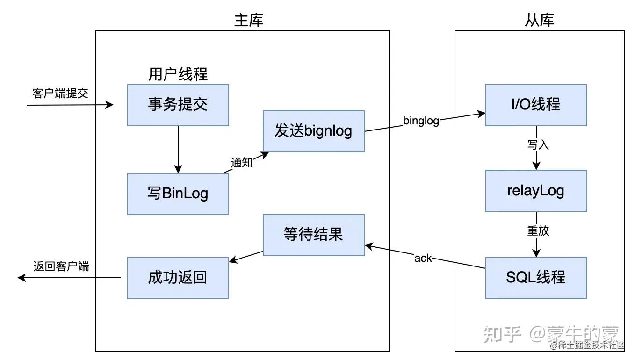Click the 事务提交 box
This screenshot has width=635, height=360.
[178, 105]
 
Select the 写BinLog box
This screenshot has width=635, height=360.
[178, 194]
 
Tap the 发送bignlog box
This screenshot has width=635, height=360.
[313, 131]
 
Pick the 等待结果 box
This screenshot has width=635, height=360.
[313, 235]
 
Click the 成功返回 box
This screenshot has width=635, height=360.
[178, 278]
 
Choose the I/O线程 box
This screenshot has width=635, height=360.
[536, 105]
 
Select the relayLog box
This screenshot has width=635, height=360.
[536, 191]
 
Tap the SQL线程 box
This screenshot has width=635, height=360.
[536, 278]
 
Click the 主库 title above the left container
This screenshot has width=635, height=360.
[248, 20]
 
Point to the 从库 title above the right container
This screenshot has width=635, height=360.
[539, 20]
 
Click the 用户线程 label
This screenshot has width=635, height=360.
[178, 74]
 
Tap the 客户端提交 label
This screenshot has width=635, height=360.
[60, 93]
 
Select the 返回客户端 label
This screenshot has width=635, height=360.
[61, 266]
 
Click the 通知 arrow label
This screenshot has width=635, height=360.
[242, 162]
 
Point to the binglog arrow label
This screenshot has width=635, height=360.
[421, 121]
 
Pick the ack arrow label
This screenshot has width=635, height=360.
[423, 258]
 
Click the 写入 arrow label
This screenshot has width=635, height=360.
[538, 144]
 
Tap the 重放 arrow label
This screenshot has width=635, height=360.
[538, 230]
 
